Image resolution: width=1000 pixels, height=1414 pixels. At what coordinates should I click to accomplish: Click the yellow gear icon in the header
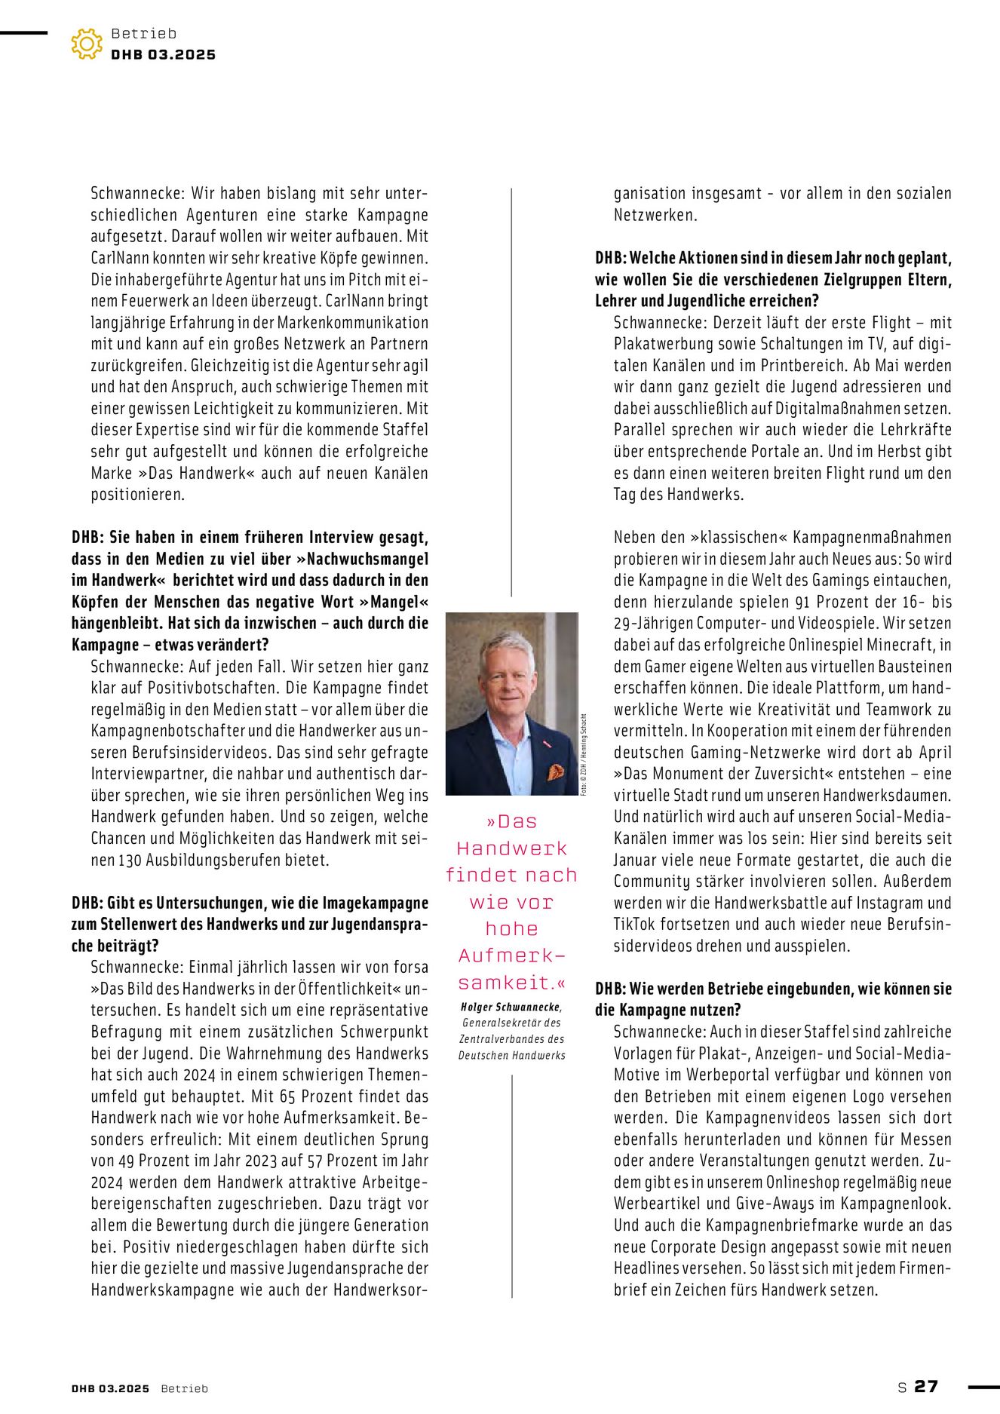point(87,44)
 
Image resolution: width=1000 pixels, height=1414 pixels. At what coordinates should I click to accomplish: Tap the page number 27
point(926,1386)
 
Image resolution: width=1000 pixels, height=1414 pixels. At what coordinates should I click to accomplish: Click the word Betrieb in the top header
point(143,33)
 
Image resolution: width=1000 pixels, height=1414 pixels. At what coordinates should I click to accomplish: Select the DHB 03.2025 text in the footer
point(111,1388)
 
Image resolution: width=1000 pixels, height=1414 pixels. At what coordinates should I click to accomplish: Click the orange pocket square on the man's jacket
point(555,771)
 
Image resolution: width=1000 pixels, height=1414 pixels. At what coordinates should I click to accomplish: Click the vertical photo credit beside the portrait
point(584,753)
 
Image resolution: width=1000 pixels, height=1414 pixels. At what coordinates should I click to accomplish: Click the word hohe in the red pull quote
point(511,929)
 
